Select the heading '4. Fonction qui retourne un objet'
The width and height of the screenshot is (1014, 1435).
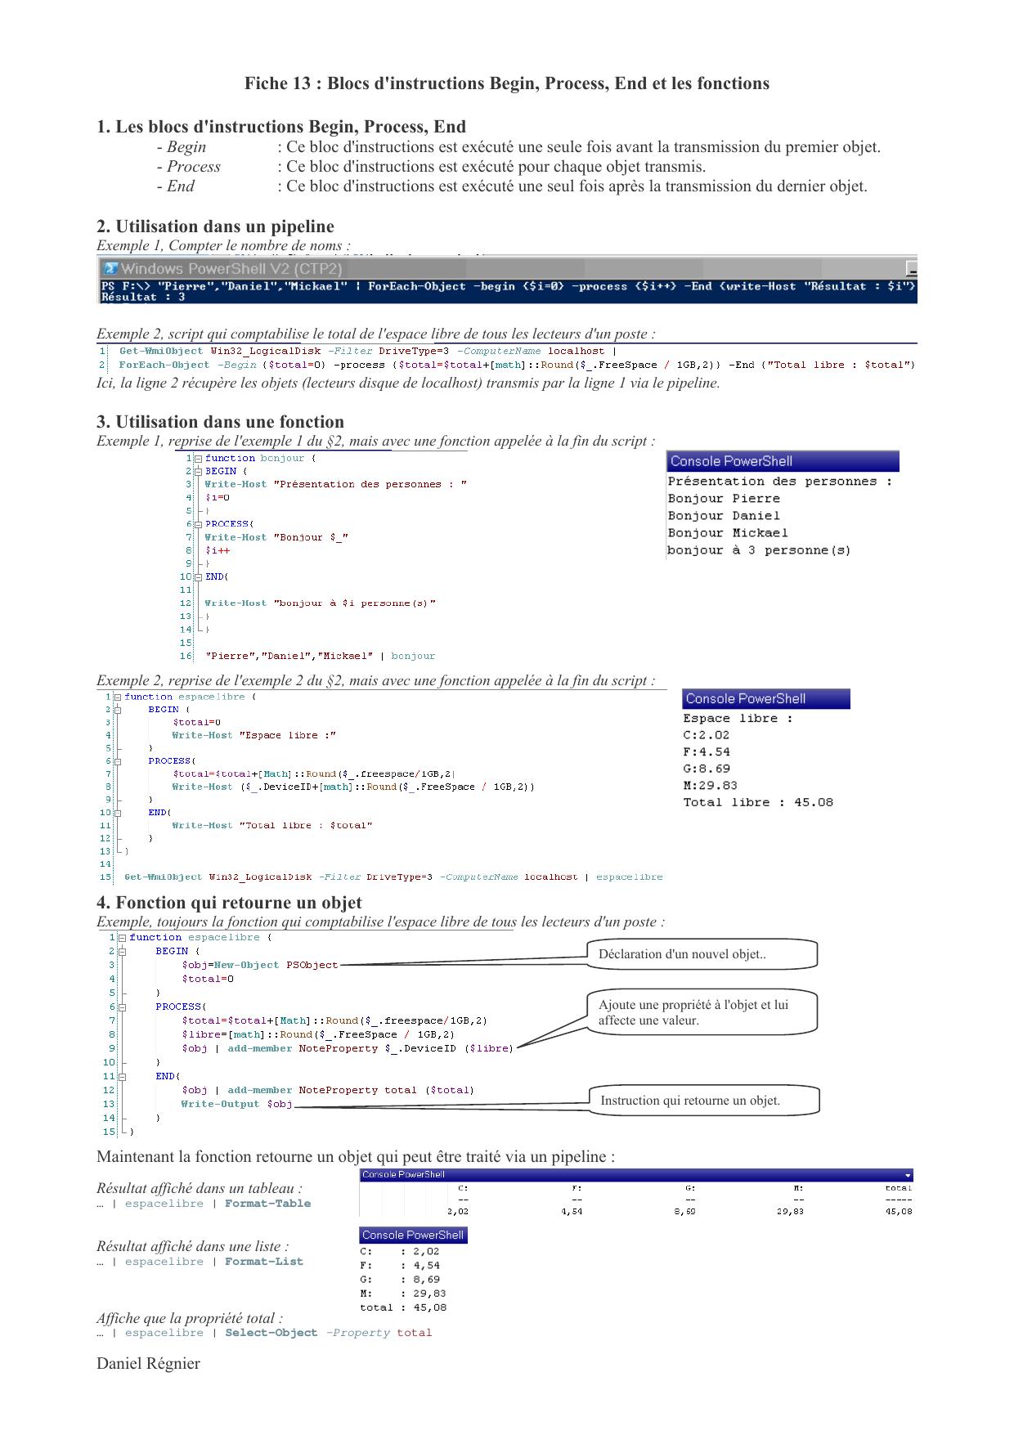point(229,903)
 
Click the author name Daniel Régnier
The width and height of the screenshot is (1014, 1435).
point(148,1363)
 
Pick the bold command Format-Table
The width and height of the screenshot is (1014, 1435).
point(268,1204)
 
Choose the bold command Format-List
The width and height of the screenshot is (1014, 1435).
point(264,1262)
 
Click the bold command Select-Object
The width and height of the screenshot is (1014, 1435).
point(271,1333)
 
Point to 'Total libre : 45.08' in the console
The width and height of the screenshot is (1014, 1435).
point(758,803)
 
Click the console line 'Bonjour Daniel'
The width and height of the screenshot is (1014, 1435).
point(724,516)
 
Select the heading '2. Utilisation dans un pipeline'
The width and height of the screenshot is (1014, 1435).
point(215,226)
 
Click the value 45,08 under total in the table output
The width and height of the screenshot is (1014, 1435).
point(899,1212)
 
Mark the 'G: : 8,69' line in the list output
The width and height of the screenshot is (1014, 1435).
point(400,1280)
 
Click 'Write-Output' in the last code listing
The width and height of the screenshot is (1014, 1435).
point(220,1104)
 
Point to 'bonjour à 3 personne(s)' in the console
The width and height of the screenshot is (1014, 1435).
point(759,550)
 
